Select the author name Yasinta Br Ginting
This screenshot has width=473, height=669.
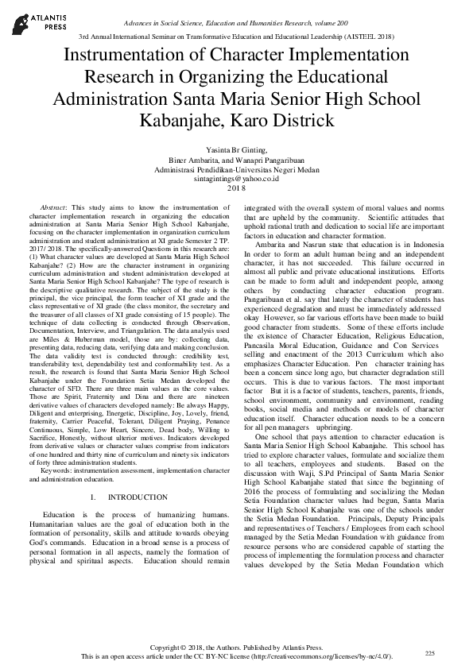(x=236, y=150)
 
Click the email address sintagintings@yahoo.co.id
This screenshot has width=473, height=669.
(x=237, y=179)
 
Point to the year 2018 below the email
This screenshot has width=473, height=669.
(x=237, y=188)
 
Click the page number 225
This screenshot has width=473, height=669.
(x=429, y=652)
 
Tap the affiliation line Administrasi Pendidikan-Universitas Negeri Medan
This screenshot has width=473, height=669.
(x=237, y=169)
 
